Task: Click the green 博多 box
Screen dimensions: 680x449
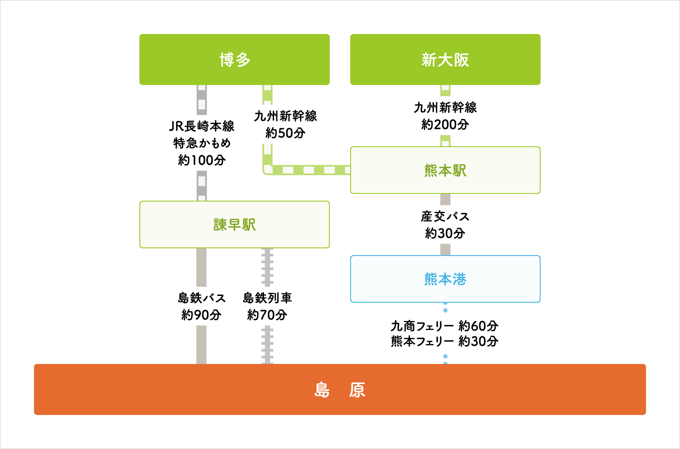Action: (234, 60)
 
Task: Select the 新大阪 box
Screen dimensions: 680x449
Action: (445, 60)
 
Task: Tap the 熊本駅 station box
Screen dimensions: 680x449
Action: (445, 170)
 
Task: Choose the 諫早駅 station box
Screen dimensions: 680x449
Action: (234, 224)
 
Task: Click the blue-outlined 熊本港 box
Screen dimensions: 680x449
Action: (445, 279)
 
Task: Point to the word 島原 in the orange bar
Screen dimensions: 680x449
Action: (340, 390)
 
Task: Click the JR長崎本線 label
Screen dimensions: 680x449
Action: (202, 126)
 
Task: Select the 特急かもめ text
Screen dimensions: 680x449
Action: (202, 143)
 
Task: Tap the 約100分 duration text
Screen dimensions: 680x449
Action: (202, 160)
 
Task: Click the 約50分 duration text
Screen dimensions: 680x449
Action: (285, 133)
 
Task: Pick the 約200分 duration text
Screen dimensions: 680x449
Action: (445, 125)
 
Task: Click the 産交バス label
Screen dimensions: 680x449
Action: (445, 216)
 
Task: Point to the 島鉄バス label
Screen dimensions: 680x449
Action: (202, 298)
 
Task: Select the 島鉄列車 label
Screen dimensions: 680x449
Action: (267, 298)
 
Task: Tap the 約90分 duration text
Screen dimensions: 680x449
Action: (201, 315)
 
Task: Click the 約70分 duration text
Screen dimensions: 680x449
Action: (267, 315)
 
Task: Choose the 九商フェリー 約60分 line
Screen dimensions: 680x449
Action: (445, 326)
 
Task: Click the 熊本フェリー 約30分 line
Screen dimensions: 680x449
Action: (445, 341)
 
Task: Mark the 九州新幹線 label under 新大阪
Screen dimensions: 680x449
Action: (445, 108)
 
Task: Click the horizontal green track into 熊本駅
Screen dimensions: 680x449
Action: (306, 170)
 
